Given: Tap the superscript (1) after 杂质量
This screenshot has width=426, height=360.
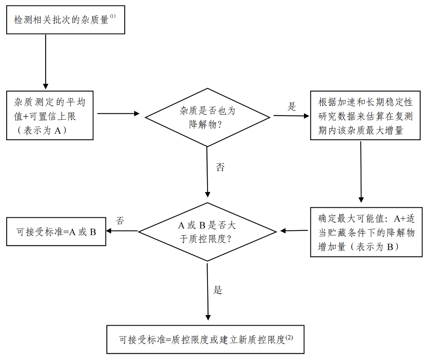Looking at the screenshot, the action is point(112,16).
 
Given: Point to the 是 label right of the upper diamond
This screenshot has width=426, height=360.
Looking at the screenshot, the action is point(292,106).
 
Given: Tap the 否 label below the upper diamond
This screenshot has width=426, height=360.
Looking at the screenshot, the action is point(220,167).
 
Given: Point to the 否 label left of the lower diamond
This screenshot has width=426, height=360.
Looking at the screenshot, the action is point(120,220).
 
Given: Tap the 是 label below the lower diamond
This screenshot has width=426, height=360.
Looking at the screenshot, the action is point(218,290).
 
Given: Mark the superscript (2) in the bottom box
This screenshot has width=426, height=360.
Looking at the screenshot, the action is point(289,337).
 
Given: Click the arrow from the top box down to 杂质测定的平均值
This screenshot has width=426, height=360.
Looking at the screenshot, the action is point(46,61).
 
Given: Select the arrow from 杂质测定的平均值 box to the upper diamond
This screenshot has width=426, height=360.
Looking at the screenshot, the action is point(119,113).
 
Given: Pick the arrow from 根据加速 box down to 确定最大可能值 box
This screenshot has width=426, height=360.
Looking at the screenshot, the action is point(361,172).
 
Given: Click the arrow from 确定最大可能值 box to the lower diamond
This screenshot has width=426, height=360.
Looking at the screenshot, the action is point(294,231).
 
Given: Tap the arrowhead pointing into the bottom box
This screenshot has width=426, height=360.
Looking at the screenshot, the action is point(208,318).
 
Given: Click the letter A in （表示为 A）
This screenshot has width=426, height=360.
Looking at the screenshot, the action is point(57,131).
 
